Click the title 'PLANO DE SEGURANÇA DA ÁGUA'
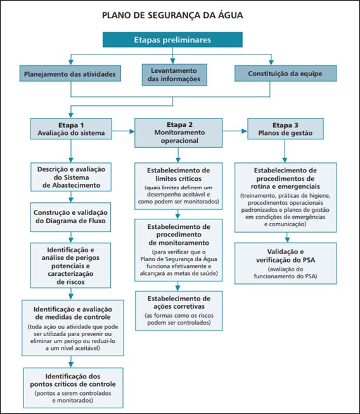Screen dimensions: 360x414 click(x=172, y=15)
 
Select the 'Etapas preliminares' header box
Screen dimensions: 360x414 click(x=172, y=39)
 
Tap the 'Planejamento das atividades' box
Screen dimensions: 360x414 click(x=70, y=74)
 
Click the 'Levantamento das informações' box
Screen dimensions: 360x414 click(x=174, y=75)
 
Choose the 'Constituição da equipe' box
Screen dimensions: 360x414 click(x=286, y=74)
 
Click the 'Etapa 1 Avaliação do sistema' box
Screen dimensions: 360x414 click(x=71, y=129)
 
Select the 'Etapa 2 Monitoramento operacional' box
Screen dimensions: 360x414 click(x=179, y=133)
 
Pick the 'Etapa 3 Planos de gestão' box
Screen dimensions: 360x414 click(x=285, y=129)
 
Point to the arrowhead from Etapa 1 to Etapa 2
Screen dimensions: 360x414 click(x=132, y=131)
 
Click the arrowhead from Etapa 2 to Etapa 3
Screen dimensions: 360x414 click(x=245, y=131)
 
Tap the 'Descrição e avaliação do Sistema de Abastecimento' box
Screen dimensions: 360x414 click(x=71, y=177)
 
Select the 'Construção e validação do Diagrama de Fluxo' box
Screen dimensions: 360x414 click(x=70, y=217)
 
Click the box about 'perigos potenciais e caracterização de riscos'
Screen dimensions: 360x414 click(x=70, y=266)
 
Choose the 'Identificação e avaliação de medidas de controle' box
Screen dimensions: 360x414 click(x=73, y=328)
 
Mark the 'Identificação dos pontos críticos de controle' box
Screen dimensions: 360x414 click(x=73, y=387)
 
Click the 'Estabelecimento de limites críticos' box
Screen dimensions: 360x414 click(x=179, y=186)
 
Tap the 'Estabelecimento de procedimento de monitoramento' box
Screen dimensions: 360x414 click(x=179, y=250)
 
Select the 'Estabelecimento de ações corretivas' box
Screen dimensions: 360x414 click(x=179, y=311)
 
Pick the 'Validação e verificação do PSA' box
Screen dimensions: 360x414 click(x=286, y=263)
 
